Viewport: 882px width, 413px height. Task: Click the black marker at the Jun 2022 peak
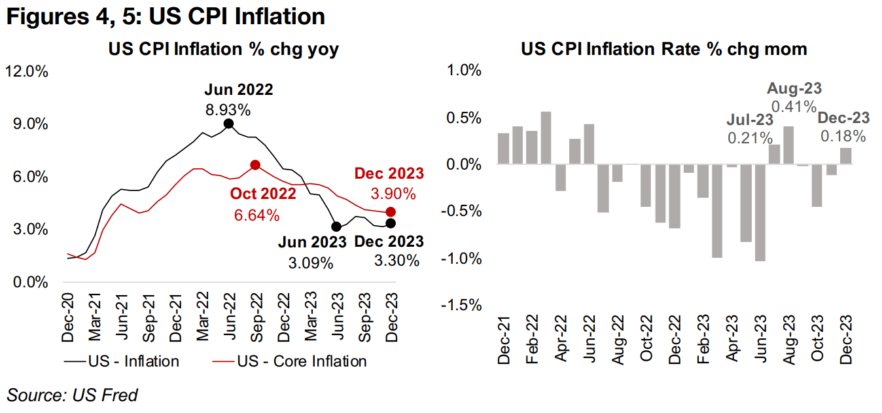(x=228, y=124)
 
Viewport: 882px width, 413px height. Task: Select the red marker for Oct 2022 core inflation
(x=255, y=165)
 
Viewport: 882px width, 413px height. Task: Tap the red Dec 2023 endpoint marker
(x=391, y=211)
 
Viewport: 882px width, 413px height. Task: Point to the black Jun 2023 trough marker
(x=336, y=226)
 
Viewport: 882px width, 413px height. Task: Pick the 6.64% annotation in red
(x=256, y=215)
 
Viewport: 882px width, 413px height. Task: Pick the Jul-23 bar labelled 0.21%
(x=774, y=154)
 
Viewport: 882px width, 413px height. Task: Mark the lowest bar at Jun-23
(x=760, y=212)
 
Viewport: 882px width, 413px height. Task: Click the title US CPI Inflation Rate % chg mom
(x=664, y=49)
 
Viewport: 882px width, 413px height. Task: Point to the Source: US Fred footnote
(x=73, y=395)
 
